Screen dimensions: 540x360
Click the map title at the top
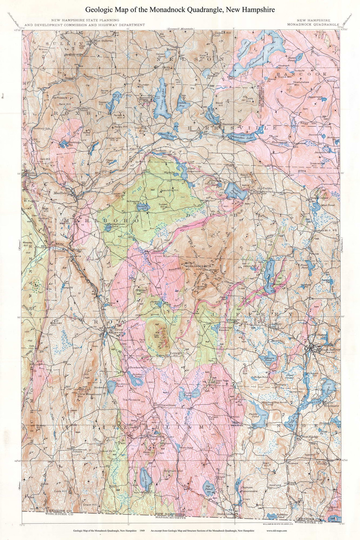click(x=180, y=9)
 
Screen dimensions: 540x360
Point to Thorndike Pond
click(x=268, y=278)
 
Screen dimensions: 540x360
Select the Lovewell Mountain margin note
click(x=180, y=28)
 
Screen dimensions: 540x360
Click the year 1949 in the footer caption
click(x=142, y=530)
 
